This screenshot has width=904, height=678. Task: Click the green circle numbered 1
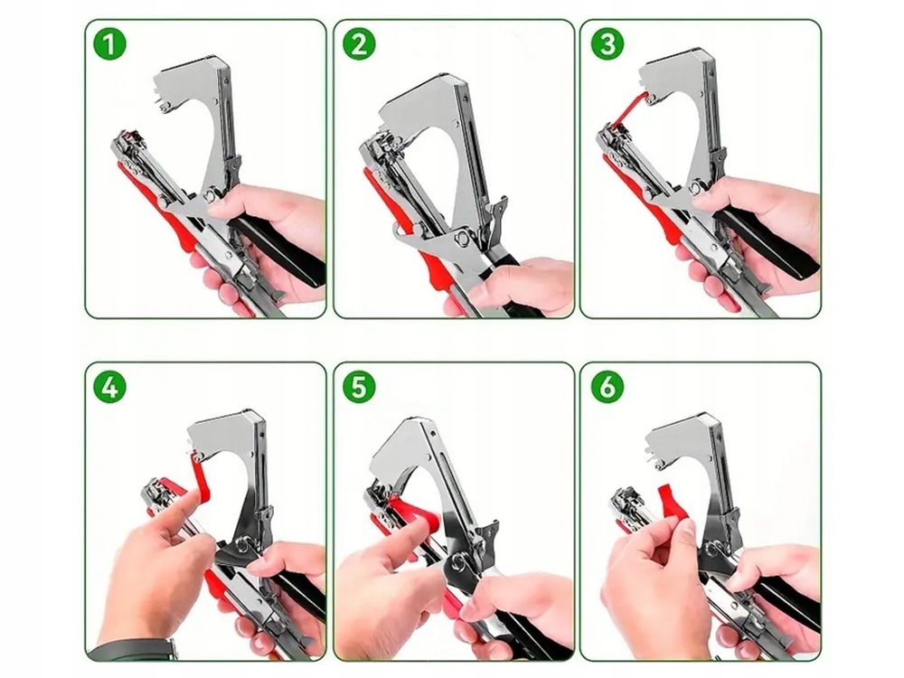tap(109, 43)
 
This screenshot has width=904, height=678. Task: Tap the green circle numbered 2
tap(359, 43)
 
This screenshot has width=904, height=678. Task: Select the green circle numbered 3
tap(607, 43)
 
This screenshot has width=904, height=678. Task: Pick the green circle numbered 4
tap(109, 386)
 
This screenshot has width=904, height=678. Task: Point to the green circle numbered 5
tap(359, 386)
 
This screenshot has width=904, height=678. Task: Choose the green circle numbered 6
tap(607, 386)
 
